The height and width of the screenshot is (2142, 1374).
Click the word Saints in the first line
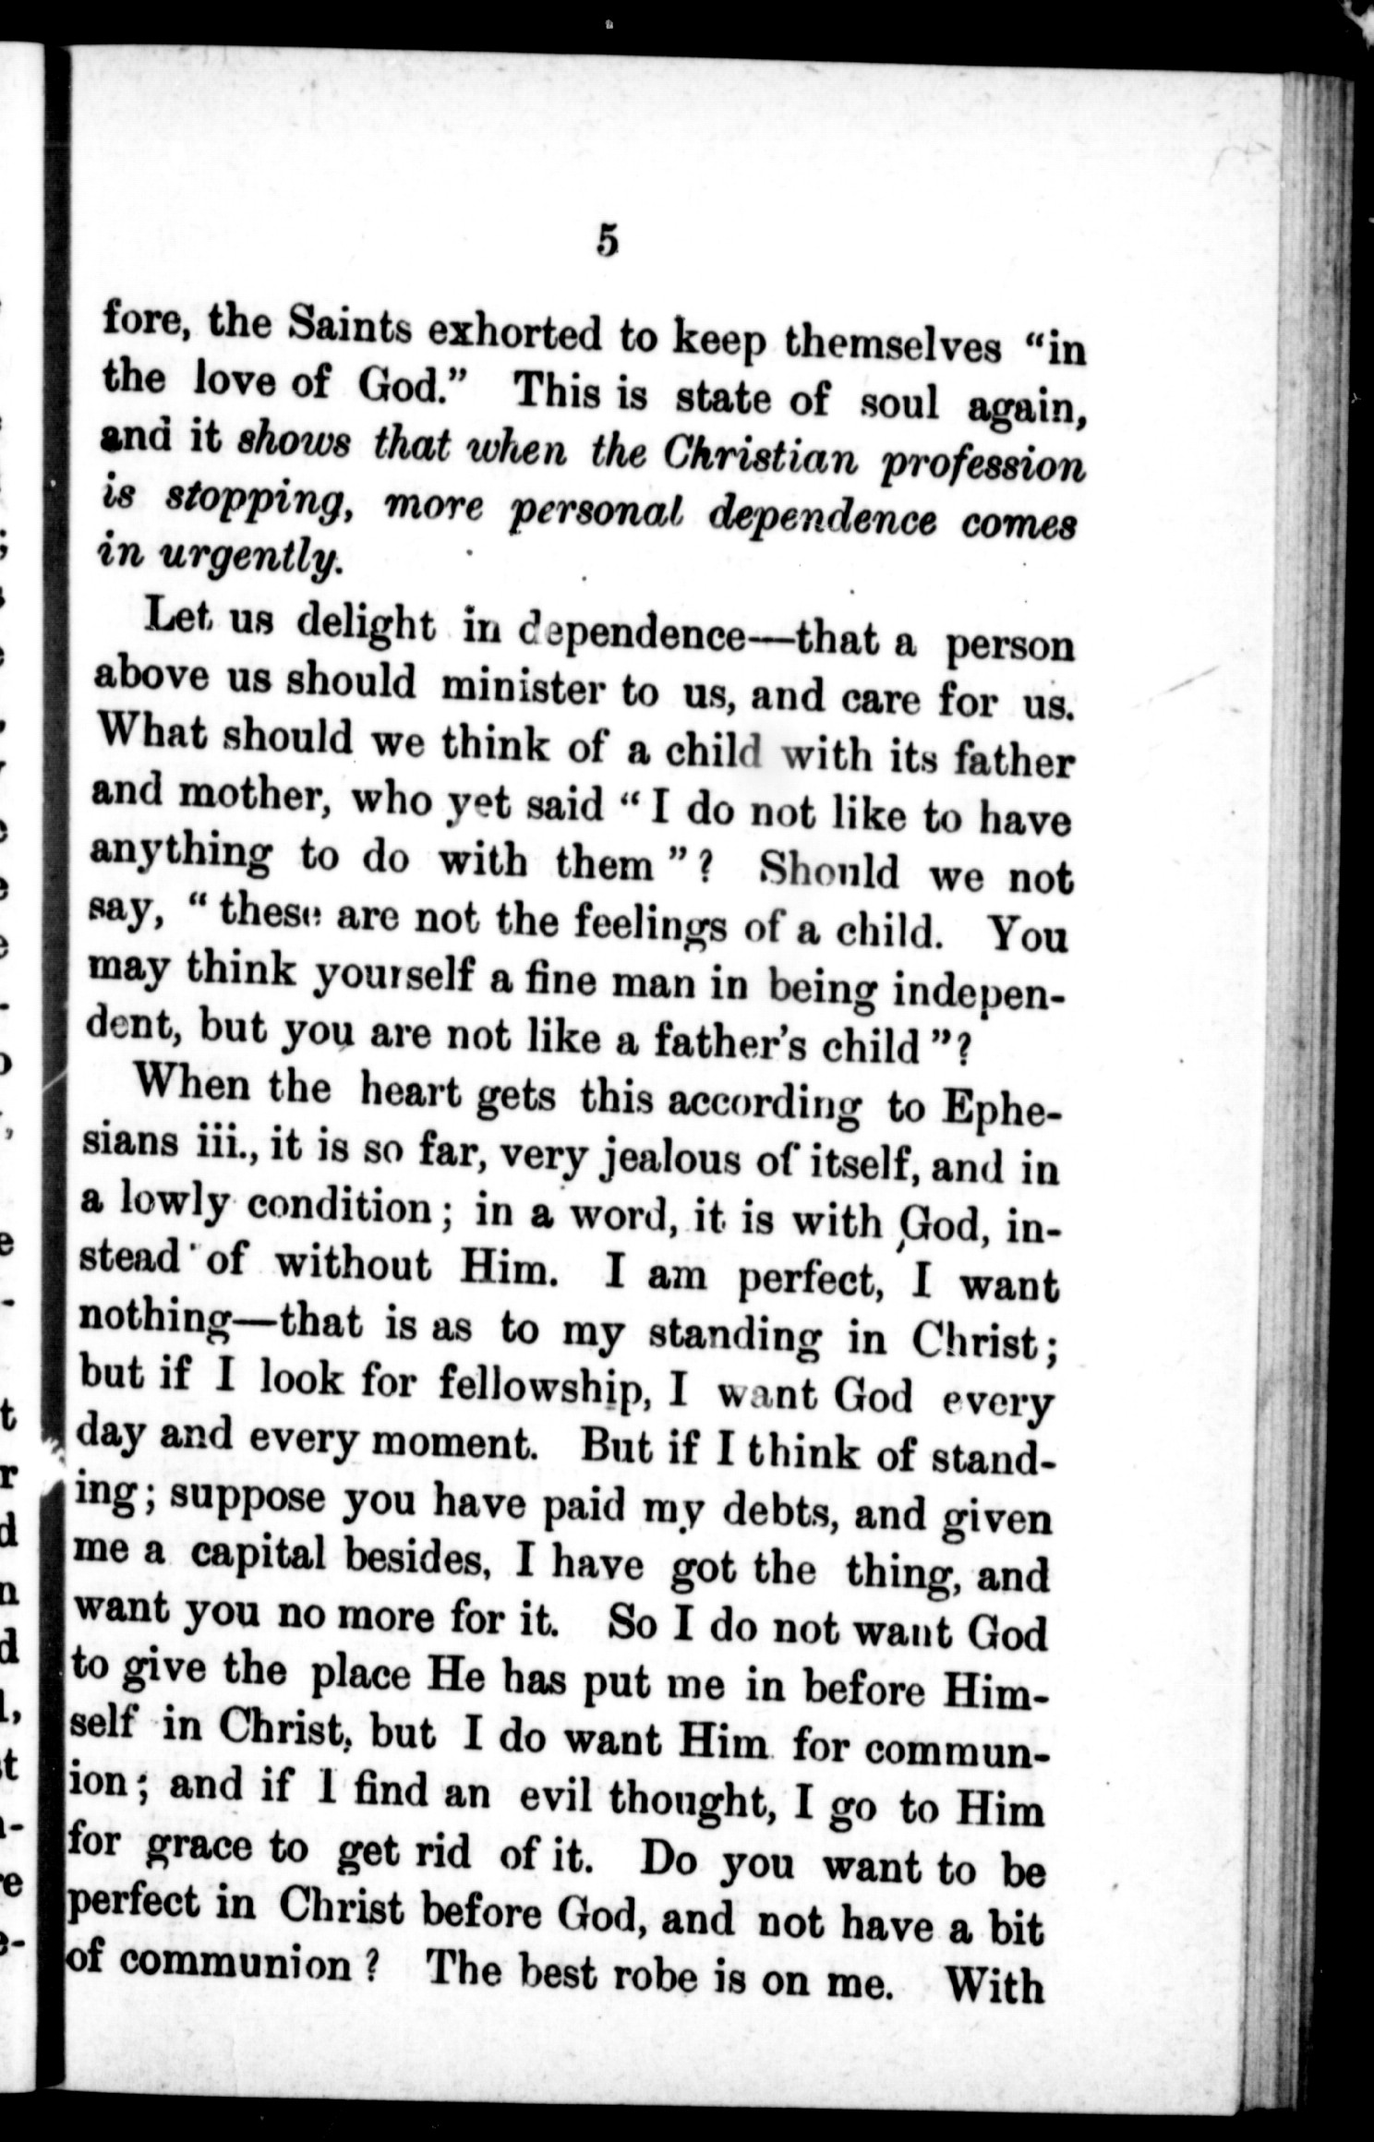(350, 327)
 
